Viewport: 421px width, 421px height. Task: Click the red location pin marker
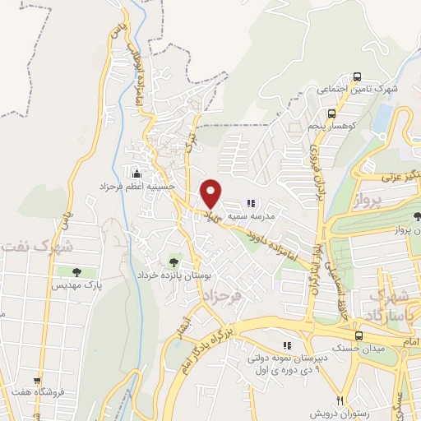coord(211,192)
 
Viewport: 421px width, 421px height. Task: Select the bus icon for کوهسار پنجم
coord(331,114)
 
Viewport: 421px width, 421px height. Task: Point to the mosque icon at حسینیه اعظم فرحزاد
coord(136,173)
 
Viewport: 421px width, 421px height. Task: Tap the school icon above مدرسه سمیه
coord(252,202)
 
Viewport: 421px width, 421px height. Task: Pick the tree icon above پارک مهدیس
coord(76,271)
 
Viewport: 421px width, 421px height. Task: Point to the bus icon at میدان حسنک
coord(358,335)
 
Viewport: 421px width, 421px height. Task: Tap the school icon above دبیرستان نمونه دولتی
coord(286,345)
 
